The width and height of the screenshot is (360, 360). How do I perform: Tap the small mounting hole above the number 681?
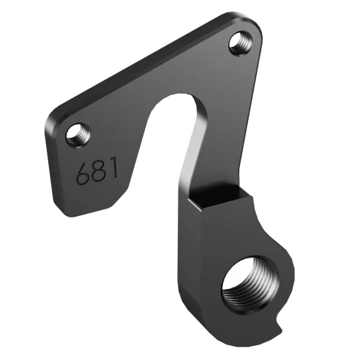76,134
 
